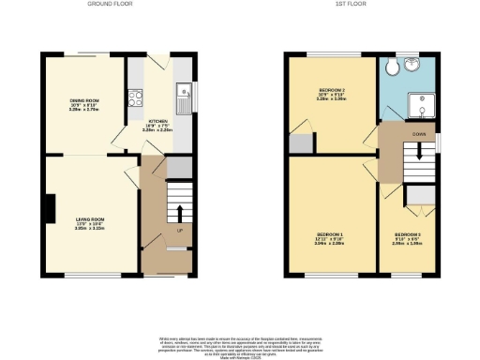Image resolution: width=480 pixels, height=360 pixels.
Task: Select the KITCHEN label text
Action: point(157,125)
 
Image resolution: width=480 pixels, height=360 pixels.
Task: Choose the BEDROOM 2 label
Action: point(332,94)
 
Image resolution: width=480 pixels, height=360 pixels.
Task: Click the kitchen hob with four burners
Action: point(134,97)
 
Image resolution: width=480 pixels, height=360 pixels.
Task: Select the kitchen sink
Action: point(184,94)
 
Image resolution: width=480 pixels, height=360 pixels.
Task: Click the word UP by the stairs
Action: point(179,230)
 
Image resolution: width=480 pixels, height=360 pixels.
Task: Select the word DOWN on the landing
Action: point(419,134)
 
